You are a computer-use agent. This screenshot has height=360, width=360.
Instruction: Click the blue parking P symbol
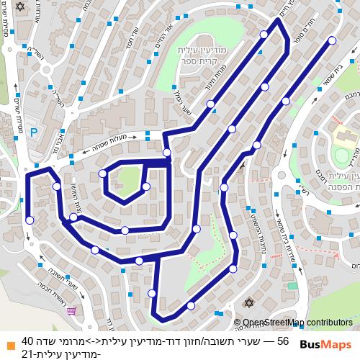click(x=35, y=132)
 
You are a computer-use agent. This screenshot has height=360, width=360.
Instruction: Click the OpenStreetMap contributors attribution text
click(x=297, y=323)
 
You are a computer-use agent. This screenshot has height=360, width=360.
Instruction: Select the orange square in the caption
click(x=9, y=341)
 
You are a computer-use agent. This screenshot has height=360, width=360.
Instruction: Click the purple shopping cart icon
click(x=72, y=310)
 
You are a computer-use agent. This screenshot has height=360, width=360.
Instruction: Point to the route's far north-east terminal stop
click(x=331, y=41)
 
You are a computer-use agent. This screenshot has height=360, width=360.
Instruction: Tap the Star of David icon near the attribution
click(x=250, y=303)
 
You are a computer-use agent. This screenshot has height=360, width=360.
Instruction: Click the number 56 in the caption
click(x=282, y=341)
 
